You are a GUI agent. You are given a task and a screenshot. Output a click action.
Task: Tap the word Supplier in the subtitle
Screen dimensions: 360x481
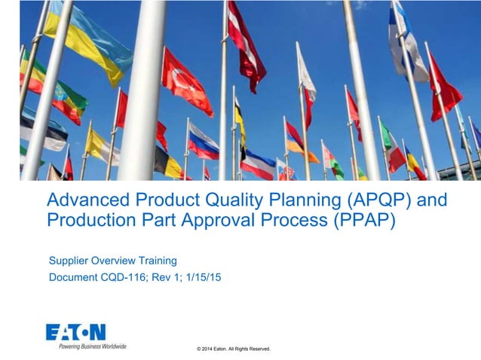(69, 261)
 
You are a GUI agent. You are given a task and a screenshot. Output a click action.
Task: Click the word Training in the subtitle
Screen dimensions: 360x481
(157, 261)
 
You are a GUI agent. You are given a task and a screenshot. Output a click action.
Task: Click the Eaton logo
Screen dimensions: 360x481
(75, 332)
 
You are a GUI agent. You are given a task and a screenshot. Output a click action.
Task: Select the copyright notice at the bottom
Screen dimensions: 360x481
(233, 349)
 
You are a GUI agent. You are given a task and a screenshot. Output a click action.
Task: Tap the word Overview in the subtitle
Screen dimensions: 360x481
(113, 261)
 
